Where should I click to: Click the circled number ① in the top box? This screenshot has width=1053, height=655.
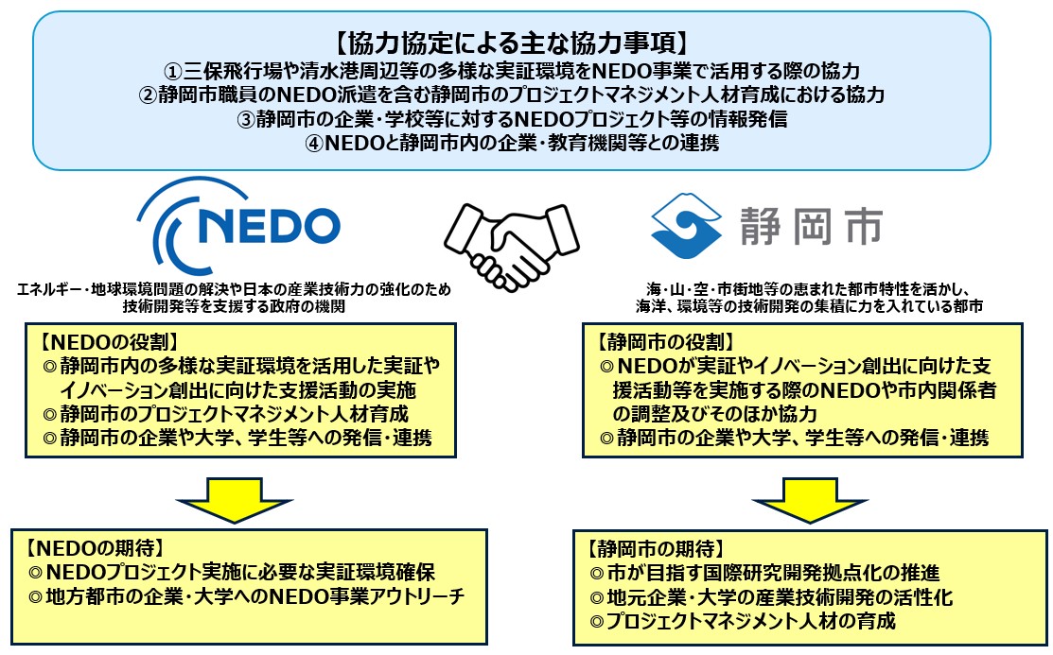(171, 70)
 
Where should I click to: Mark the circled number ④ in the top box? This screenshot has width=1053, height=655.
(310, 144)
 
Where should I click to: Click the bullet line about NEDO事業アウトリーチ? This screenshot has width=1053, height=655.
(248, 597)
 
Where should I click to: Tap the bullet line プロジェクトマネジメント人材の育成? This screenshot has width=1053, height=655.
(742, 622)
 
